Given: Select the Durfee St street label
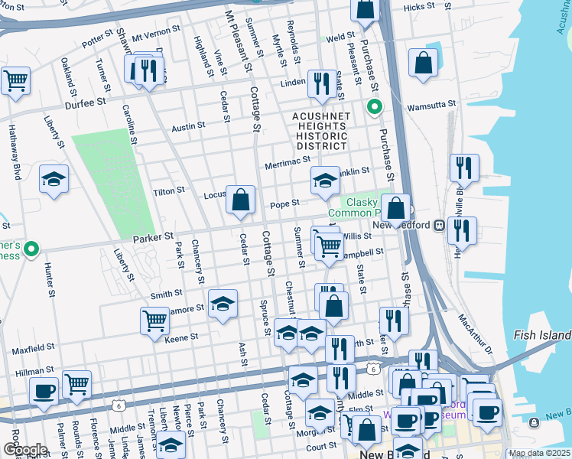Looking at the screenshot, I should coord(85,103).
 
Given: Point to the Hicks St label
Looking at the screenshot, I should coord(418,8).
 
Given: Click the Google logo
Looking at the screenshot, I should coord(24,449).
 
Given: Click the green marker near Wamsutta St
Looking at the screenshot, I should coord(374,106).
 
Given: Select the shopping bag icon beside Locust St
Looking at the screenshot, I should coord(241,200).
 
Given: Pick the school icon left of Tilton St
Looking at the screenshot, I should coord(54,180).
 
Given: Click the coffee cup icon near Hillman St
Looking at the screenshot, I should coord(44,390).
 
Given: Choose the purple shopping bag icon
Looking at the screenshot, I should coord(367,428).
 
